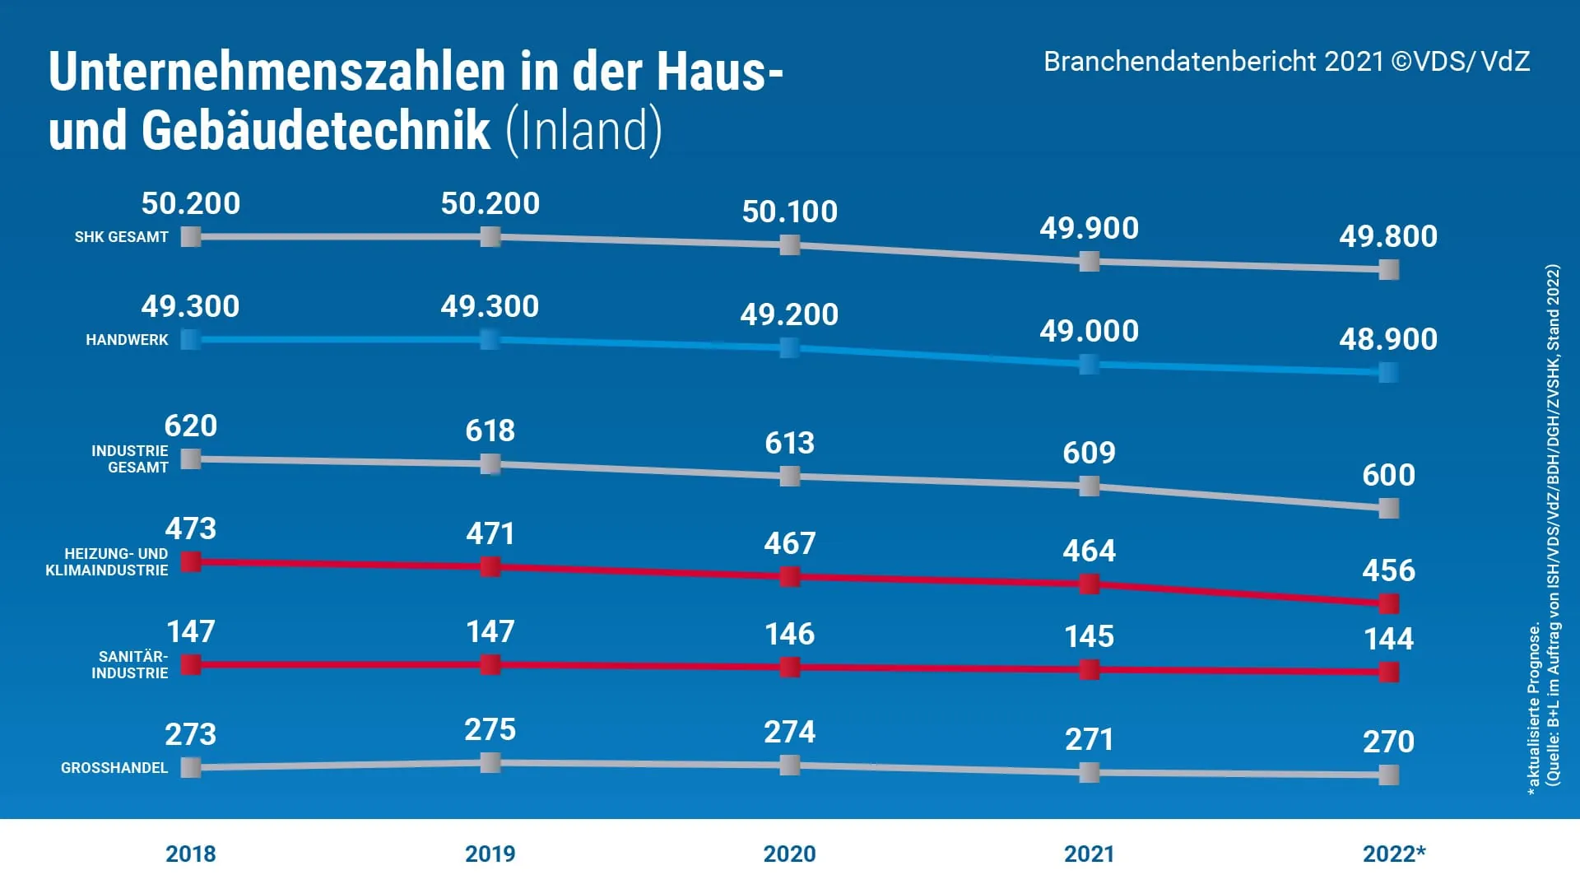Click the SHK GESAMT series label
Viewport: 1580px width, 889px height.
[x=121, y=237]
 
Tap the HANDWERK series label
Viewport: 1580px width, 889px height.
[x=127, y=340]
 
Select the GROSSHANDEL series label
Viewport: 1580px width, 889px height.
[x=114, y=768]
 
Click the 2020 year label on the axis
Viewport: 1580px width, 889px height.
[x=789, y=854]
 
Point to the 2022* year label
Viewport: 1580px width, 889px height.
[x=1393, y=854]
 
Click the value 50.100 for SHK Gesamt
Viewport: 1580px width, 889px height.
[x=789, y=212]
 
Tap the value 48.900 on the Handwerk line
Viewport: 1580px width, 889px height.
[x=1388, y=339]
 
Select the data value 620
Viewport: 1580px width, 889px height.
[x=191, y=426]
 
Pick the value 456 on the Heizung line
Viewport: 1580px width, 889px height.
[x=1388, y=570]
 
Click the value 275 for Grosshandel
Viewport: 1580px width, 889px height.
[x=490, y=729]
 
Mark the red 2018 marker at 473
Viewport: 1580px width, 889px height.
[x=191, y=562]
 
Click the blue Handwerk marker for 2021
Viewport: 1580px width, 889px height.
[x=1089, y=365]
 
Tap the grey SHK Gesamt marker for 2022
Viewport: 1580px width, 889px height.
[x=1388, y=269]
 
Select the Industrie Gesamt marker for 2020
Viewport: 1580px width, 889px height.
[x=789, y=476]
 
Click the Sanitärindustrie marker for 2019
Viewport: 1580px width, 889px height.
[x=490, y=664]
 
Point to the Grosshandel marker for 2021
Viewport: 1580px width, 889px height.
[x=1089, y=772]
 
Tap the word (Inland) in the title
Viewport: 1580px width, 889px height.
[x=583, y=130]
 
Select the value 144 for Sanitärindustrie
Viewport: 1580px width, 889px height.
[x=1388, y=639]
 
